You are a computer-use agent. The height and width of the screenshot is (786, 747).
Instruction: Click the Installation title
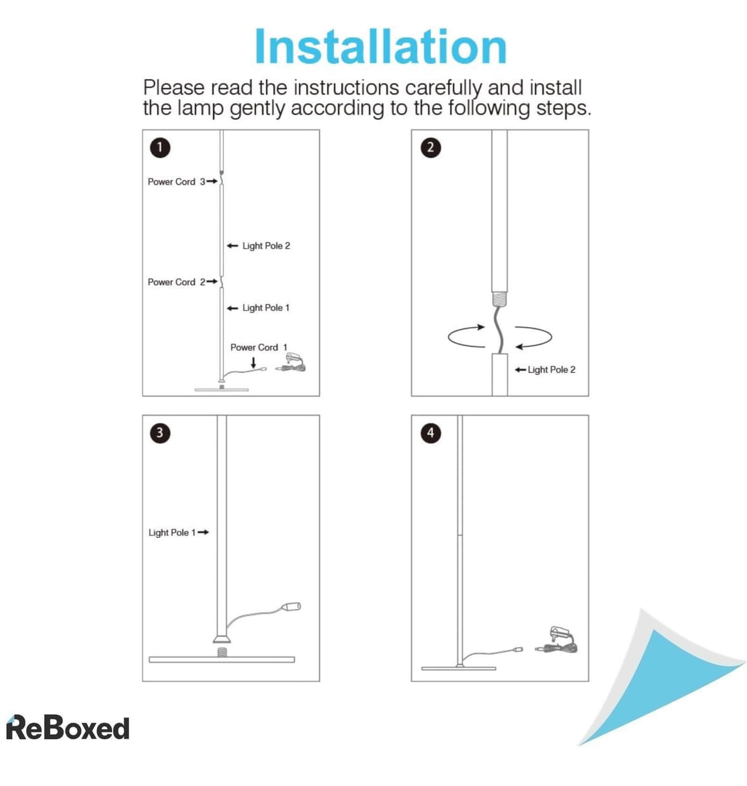coord(380,46)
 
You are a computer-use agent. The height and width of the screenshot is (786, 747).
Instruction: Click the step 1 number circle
coord(160,148)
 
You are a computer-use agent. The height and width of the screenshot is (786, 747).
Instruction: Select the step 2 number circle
coord(430,148)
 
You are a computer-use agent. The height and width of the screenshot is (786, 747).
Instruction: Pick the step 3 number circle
coord(160,433)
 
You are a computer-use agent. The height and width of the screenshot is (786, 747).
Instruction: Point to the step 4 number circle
coord(430,433)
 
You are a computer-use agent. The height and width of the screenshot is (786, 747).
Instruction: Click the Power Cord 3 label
coord(176,181)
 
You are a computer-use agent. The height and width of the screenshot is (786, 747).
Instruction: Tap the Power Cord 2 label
coord(176,282)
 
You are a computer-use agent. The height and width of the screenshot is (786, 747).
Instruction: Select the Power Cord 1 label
coord(258,347)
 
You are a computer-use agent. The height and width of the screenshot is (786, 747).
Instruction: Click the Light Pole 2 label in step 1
coord(266,245)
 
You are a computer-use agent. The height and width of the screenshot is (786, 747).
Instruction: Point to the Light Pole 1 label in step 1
coord(265,308)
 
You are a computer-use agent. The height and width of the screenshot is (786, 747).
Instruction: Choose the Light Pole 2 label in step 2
coord(551,369)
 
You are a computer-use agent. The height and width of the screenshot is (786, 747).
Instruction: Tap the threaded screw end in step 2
coord(499,298)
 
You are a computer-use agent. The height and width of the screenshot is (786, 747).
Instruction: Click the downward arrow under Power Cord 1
coord(253,362)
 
